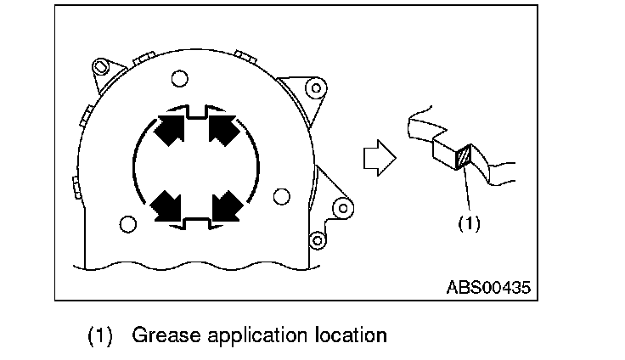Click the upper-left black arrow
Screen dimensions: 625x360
169,132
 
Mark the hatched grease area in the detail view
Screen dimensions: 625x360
464,158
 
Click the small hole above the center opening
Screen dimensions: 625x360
178,79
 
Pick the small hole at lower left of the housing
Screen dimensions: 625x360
127,224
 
